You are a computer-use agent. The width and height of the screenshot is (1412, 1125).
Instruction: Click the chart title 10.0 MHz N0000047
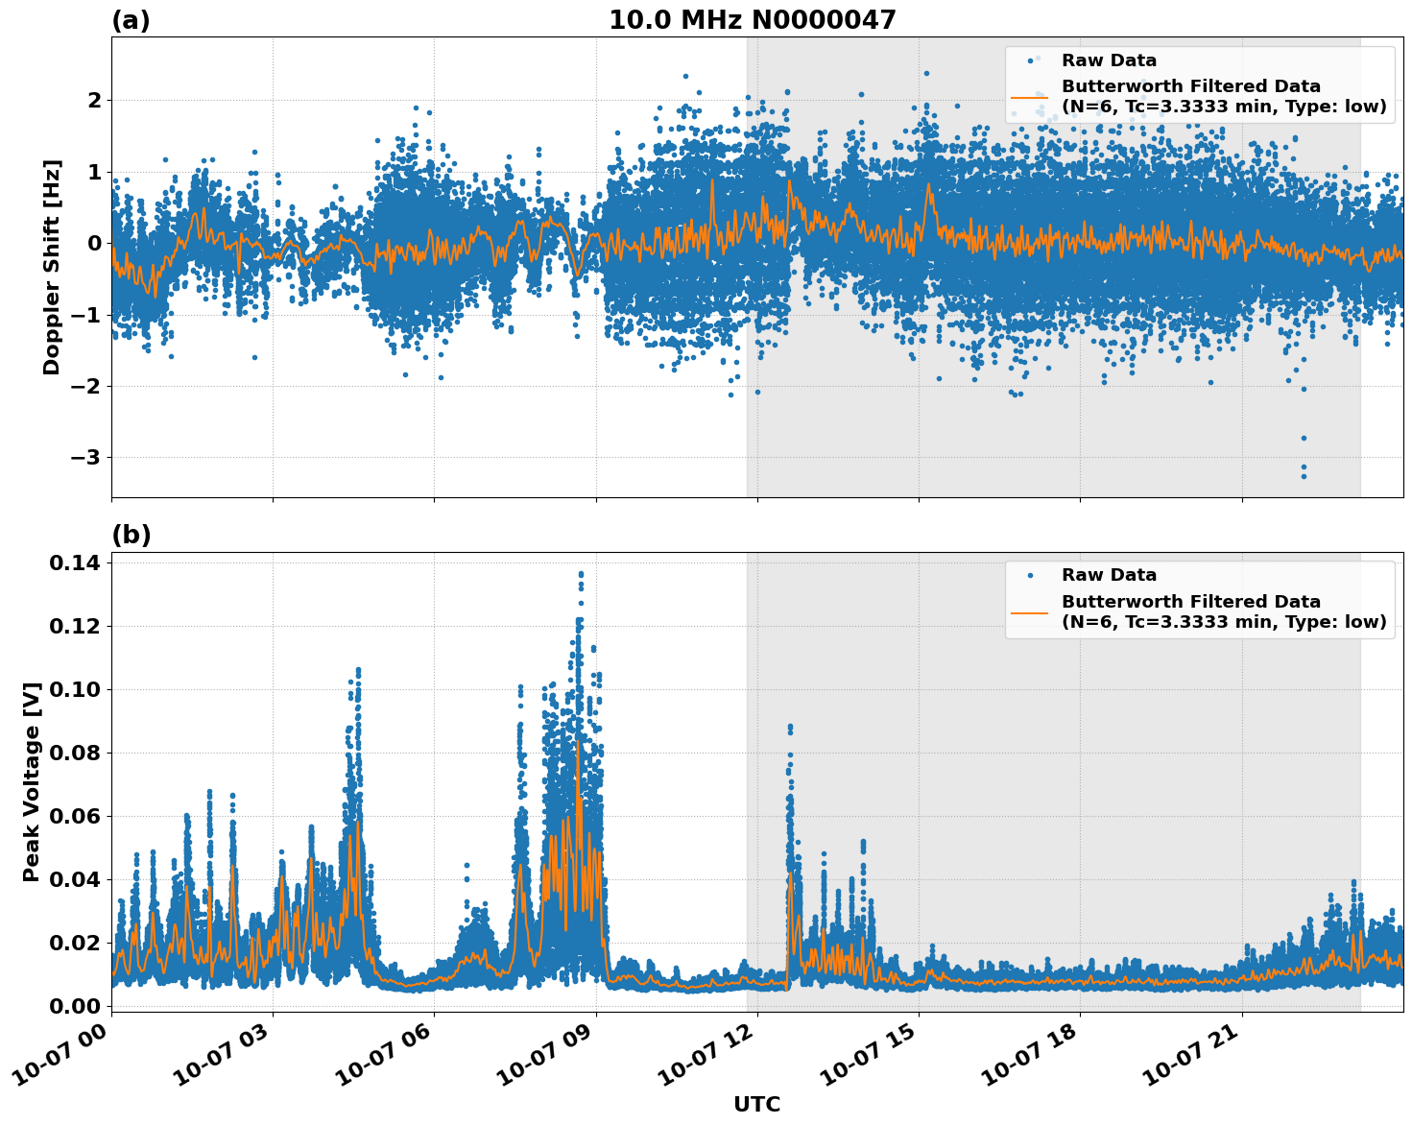point(752,20)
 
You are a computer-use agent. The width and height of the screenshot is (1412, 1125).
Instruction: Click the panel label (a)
point(131,20)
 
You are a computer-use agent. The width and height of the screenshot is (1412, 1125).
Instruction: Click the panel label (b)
point(131,535)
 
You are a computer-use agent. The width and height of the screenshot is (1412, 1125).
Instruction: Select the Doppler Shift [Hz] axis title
point(52,267)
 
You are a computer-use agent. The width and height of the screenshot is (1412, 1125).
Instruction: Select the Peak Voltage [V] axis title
point(32,781)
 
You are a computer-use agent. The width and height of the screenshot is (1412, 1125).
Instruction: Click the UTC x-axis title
point(756,1104)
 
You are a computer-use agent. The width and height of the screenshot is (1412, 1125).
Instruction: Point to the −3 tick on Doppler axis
point(85,457)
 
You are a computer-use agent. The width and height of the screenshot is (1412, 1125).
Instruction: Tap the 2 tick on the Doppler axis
point(94,100)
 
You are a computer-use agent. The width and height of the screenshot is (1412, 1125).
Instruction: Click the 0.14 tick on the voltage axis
point(74,562)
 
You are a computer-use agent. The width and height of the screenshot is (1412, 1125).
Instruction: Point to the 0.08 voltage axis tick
point(74,753)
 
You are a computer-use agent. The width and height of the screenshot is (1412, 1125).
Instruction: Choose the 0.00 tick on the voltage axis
point(74,1006)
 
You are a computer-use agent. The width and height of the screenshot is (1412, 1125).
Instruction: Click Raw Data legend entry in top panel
point(1108,60)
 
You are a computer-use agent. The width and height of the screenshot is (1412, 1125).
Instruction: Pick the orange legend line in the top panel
point(1029,97)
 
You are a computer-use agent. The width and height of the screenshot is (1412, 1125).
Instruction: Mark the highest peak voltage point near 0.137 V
point(581,574)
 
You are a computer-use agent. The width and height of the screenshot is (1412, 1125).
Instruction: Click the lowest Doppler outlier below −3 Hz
point(1304,476)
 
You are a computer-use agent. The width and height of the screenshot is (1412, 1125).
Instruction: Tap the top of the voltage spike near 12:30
point(790,727)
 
